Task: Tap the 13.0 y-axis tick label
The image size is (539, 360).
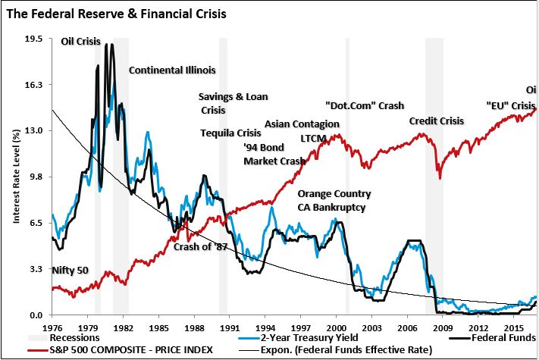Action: [33, 130]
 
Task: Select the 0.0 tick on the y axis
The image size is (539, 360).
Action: [36, 315]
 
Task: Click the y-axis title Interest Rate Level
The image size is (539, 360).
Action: [14, 177]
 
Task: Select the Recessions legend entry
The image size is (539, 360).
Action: [74, 337]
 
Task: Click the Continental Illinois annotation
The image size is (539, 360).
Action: [172, 70]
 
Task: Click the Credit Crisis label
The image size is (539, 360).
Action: [436, 121]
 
